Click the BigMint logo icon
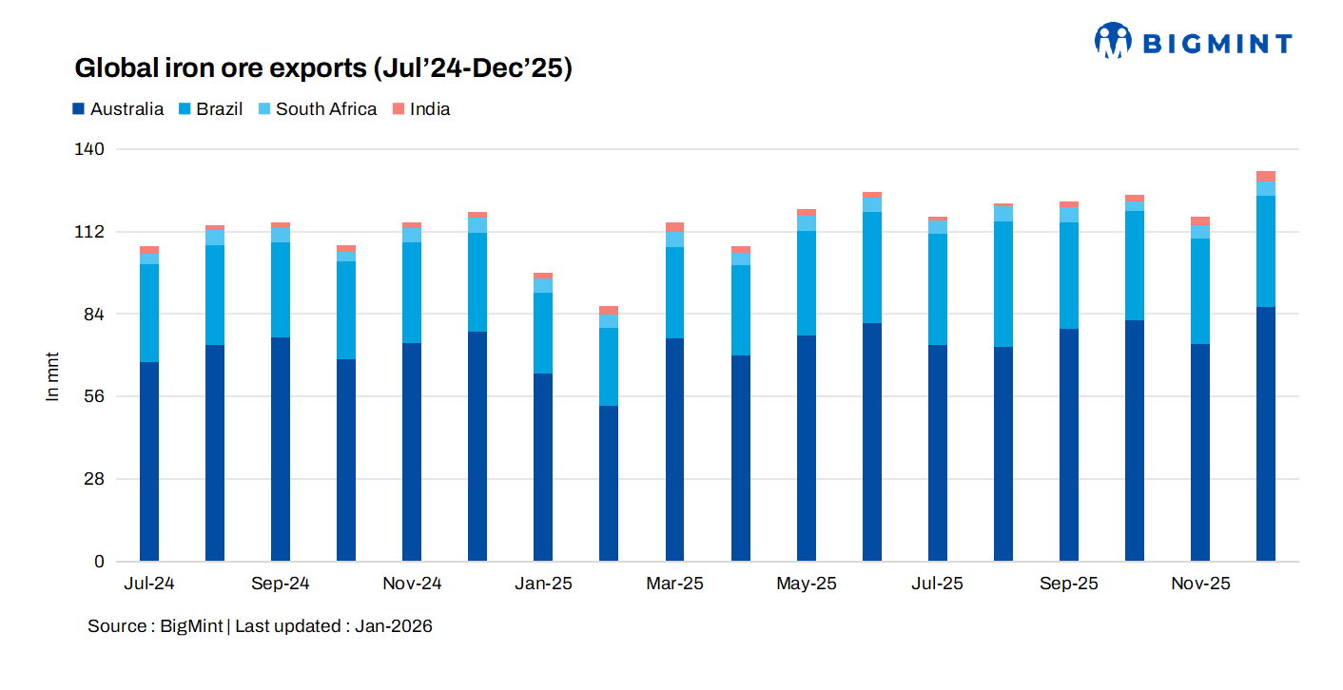click(x=1112, y=41)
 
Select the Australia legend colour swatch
click(x=79, y=109)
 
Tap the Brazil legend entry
click(x=219, y=109)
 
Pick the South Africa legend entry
click(x=326, y=109)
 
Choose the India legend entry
click(x=430, y=109)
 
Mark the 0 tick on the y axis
click(x=99, y=562)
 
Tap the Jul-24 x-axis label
click(x=148, y=584)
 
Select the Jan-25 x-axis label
click(x=543, y=584)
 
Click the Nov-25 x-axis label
click(x=1200, y=584)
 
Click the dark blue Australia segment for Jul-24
click(x=149, y=461)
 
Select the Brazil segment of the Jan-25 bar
click(x=543, y=333)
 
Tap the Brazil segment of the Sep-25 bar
click(x=1069, y=276)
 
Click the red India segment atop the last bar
click(x=1266, y=176)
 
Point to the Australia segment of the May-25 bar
click(x=807, y=448)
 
